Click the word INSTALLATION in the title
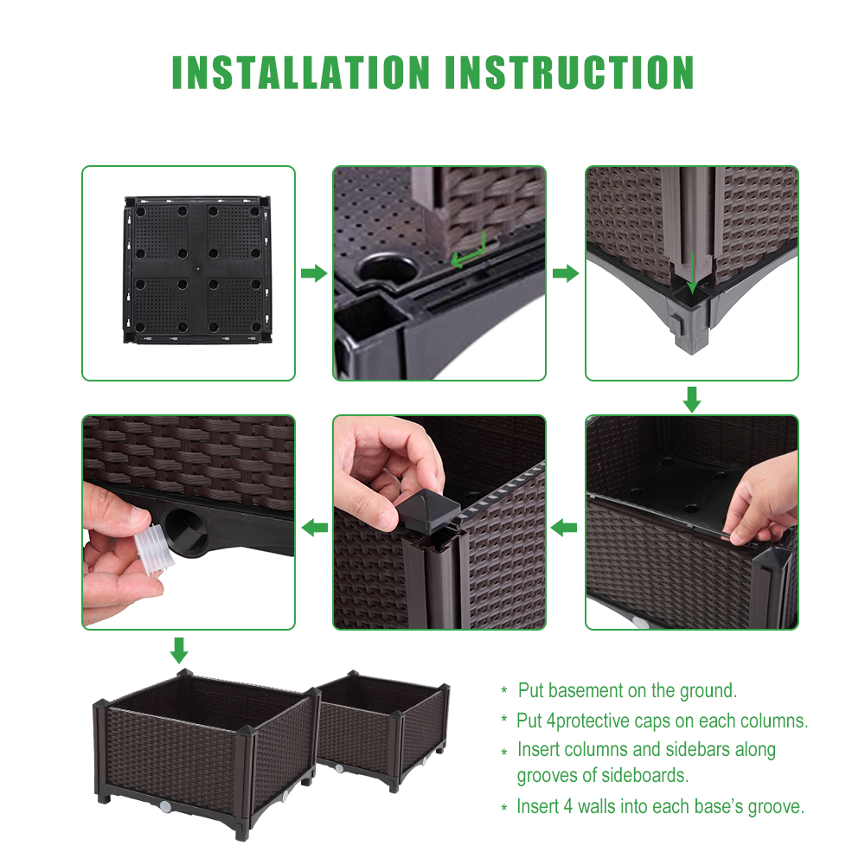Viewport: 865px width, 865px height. click(x=301, y=73)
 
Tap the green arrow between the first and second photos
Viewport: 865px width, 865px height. click(x=313, y=274)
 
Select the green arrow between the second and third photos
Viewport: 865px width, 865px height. click(x=565, y=274)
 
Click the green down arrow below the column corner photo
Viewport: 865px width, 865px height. click(x=692, y=399)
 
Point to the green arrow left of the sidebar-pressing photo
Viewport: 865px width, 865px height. click(x=565, y=527)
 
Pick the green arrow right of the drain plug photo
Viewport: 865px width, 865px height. click(x=313, y=527)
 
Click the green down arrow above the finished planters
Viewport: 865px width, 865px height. click(x=179, y=650)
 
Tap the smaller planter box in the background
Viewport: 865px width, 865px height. click(x=385, y=727)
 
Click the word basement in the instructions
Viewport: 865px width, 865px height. click(x=598, y=690)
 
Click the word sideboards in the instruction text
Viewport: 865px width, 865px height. click(x=644, y=776)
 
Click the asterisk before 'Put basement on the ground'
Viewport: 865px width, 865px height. click(x=504, y=691)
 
